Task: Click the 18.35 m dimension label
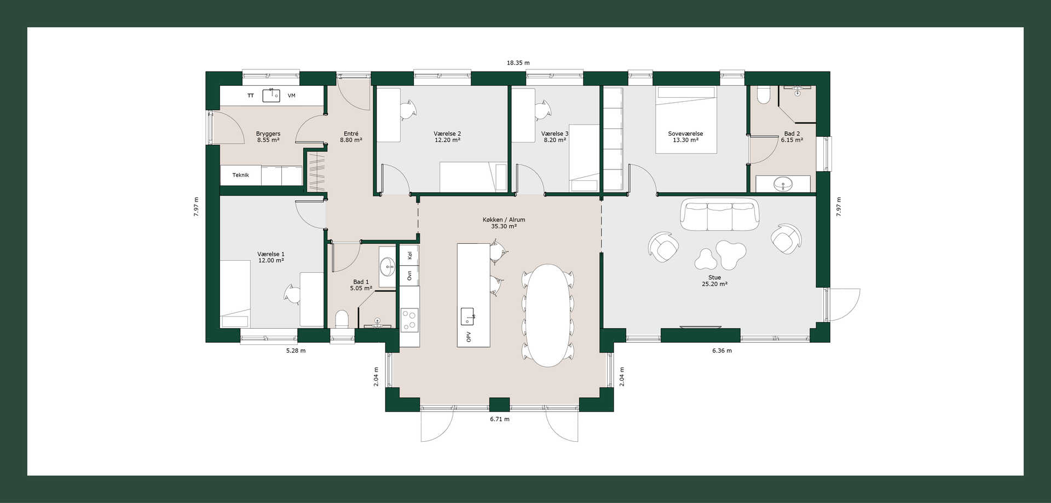tap(518, 63)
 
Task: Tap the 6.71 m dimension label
tap(499, 419)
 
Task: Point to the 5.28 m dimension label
tap(296, 351)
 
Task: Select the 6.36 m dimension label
tap(721, 351)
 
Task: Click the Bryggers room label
tap(268, 134)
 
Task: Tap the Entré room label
tap(351, 134)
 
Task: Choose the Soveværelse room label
tap(685, 134)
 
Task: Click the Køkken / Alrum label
tap(504, 220)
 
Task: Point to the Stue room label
tap(714, 278)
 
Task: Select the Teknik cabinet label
tap(240, 176)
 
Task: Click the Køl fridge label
tap(409, 255)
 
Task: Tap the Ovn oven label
tap(409, 276)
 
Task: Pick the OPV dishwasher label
tap(469, 337)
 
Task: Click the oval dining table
tap(547, 315)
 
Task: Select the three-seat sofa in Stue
tap(719, 214)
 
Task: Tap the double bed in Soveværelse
tap(686, 120)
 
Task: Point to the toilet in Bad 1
tap(342, 319)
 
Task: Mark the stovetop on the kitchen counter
tap(409, 320)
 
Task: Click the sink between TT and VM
tap(271, 96)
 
